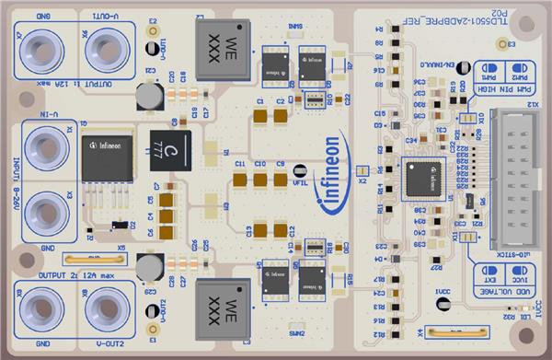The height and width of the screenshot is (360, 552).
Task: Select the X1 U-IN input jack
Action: tap(42, 145)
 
